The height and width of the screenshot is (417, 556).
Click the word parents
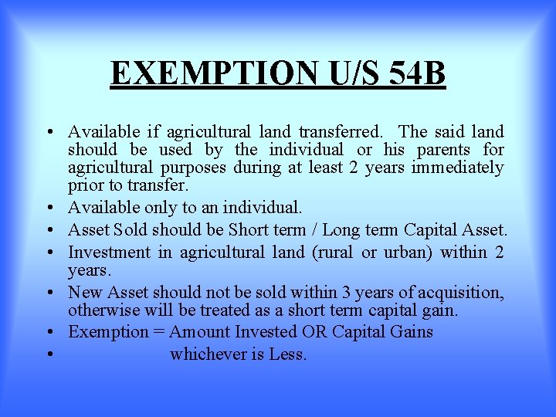coord(448,150)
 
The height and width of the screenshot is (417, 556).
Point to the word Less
coord(288,355)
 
